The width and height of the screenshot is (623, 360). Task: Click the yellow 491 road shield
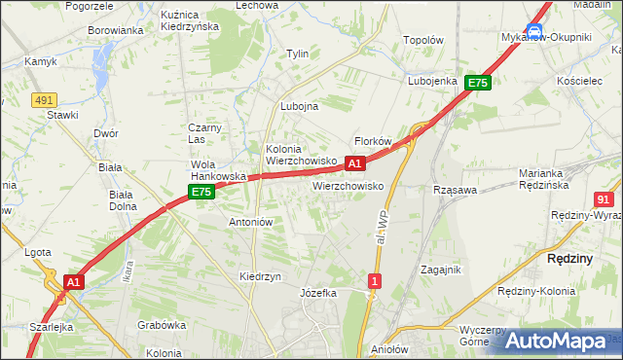pos(43,99)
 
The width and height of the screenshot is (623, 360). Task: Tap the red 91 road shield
pos(604,198)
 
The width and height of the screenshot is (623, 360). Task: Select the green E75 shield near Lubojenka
pos(477,84)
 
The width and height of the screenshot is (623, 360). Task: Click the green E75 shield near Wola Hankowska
pos(202,193)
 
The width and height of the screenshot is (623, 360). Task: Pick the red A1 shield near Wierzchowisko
pos(355,163)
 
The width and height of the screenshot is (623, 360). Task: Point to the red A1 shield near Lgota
pos(73,282)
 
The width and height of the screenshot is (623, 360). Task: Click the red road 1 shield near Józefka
pos(375,281)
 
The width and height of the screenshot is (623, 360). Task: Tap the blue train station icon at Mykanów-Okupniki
pos(534,32)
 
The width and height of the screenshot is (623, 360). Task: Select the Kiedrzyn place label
pos(260,276)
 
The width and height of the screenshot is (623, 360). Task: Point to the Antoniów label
pos(250,222)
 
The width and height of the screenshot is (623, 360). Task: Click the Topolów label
pos(423,42)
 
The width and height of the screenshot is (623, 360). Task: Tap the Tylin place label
pos(297,54)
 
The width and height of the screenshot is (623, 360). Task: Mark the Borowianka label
pos(116,30)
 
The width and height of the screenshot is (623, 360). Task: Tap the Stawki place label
pos(62,115)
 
